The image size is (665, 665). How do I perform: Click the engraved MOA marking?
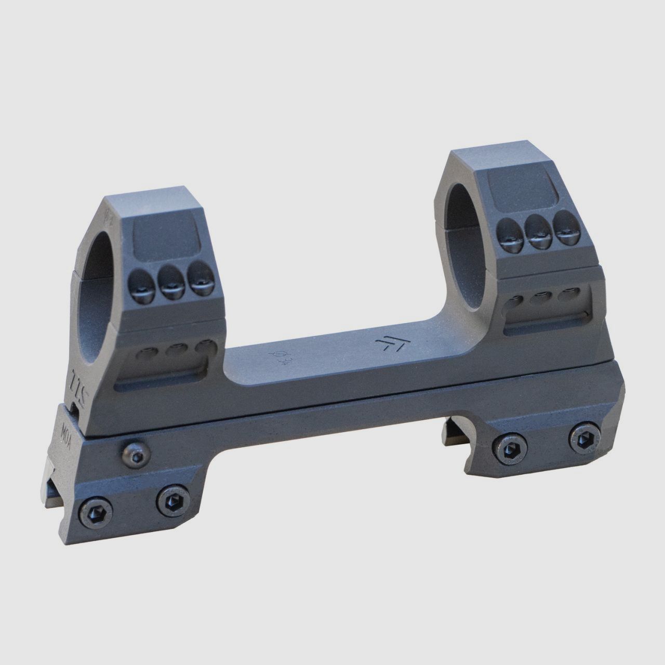(x=64, y=433)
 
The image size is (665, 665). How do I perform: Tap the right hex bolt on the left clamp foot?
(x=171, y=501)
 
